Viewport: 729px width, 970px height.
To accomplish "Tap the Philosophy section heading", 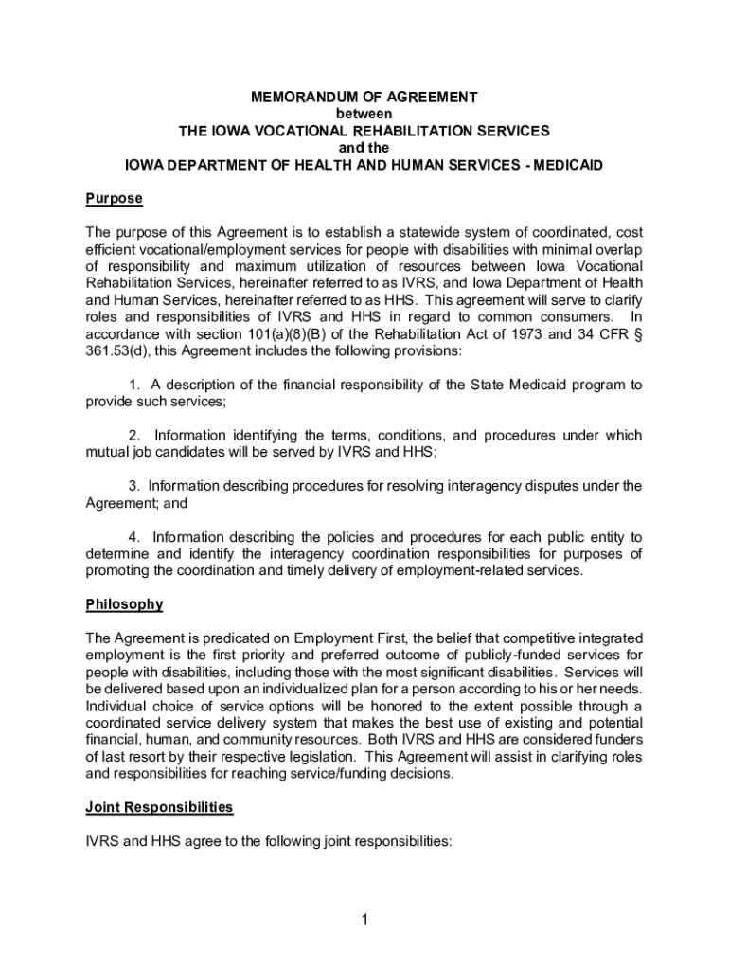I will [x=124, y=604].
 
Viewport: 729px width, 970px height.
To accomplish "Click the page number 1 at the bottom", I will [x=364, y=919].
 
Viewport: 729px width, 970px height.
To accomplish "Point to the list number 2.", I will [x=133, y=436].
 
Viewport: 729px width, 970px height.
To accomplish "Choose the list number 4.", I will [x=133, y=537].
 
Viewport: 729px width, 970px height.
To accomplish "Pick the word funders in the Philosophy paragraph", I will [x=618, y=741].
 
